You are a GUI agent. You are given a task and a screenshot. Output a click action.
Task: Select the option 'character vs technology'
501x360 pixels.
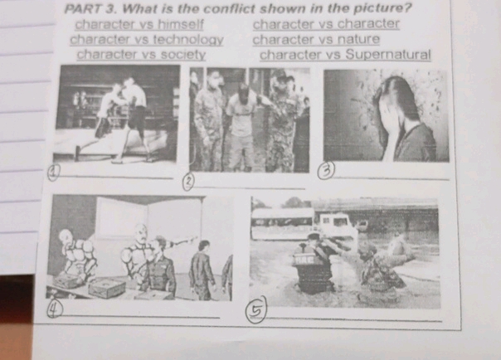[x=147, y=39]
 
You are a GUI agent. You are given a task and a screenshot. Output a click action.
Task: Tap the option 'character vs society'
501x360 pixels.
[x=141, y=54]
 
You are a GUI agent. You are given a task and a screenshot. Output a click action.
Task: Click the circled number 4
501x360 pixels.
[x=54, y=307]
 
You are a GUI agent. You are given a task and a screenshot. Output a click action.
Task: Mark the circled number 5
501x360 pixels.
[x=260, y=309]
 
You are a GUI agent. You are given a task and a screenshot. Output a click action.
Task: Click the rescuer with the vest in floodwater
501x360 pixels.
[x=313, y=265]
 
